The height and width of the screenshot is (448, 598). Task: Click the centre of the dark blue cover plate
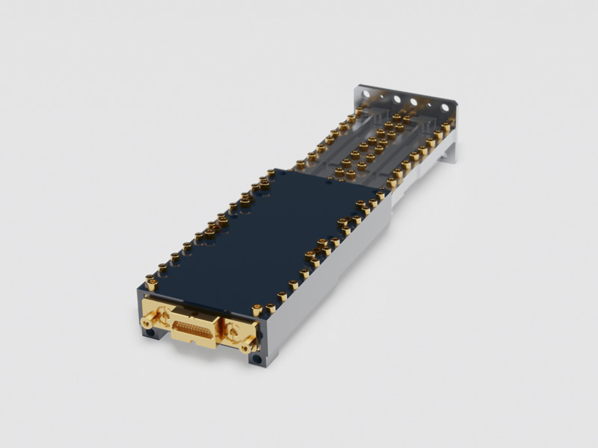pyautogui.click(x=269, y=231)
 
